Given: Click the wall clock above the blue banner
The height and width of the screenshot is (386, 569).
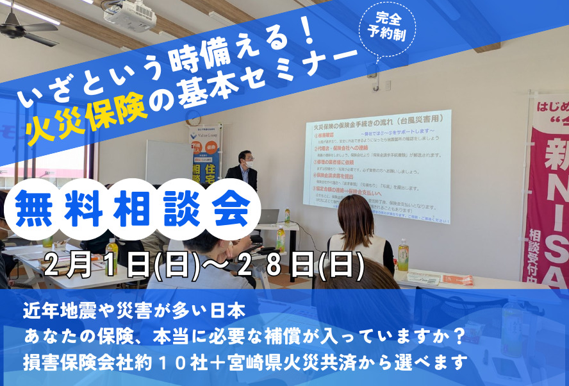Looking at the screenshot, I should click(x=193, y=117).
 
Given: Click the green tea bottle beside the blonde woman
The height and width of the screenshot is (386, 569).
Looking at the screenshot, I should click(x=403, y=255).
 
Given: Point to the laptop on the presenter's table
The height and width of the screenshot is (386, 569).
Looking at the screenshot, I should click(x=268, y=217).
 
